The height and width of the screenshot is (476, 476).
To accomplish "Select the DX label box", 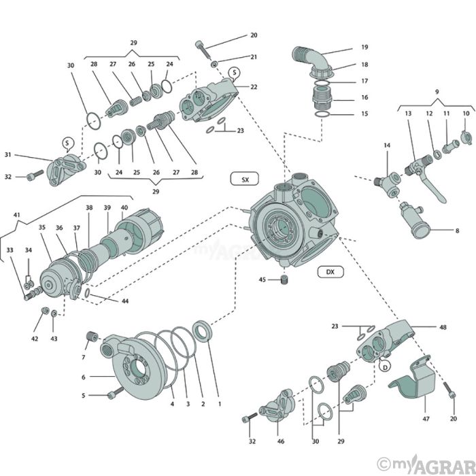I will pyautogui.click(x=330, y=272).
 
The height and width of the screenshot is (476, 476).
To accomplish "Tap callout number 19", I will pyautogui.click(x=364, y=48).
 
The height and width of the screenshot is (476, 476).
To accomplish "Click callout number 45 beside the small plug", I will pyautogui.click(x=262, y=279).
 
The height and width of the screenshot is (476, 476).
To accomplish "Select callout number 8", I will pyautogui.click(x=457, y=231).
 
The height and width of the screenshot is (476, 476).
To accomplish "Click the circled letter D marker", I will pyautogui.click(x=384, y=367).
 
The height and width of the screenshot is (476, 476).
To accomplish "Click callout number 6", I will pyautogui.click(x=83, y=377).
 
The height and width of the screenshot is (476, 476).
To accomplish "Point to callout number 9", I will pyautogui.click(x=437, y=91).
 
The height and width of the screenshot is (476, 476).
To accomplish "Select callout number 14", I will pyautogui.click(x=387, y=146).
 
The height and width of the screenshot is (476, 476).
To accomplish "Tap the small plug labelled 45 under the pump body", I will pyautogui.click(x=284, y=281).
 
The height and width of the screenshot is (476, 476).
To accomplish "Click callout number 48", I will pyautogui.click(x=443, y=327).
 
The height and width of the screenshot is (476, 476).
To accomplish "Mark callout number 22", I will pyautogui.click(x=254, y=87).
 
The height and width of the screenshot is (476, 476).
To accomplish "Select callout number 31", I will pyautogui.click(x=27, y=154).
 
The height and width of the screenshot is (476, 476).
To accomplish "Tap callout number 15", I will pyautogui.click(x=364, y=114).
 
